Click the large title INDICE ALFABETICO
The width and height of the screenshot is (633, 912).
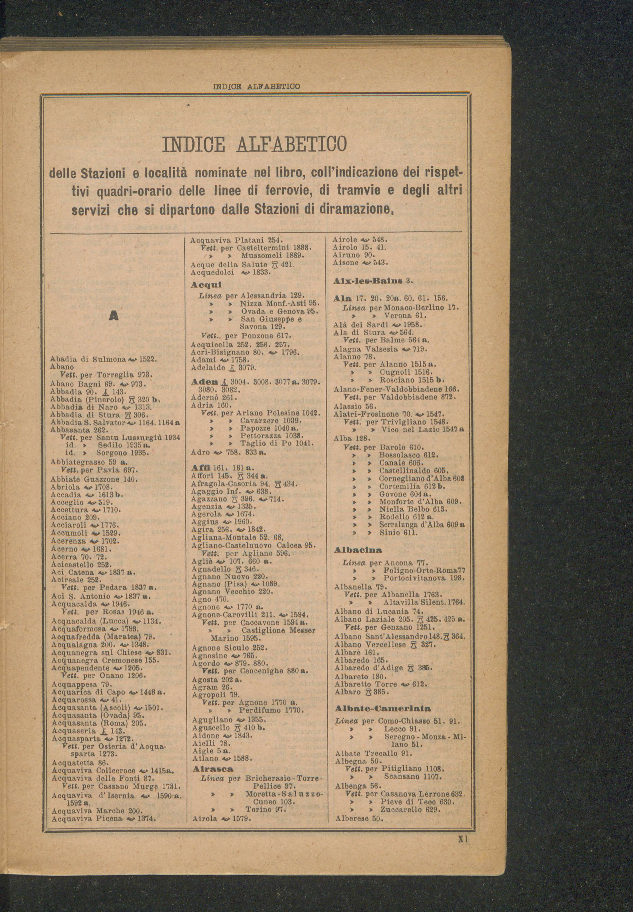click(x=254, y=143)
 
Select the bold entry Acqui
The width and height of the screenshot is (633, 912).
click(x=206, y=285)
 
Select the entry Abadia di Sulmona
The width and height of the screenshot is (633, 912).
click(x=88, y=359)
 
